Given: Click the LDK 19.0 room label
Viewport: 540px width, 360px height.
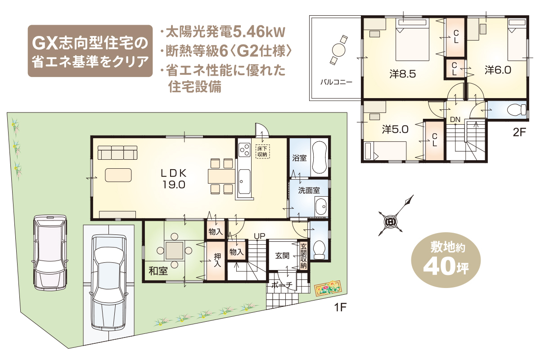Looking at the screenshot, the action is (x=174, y=179).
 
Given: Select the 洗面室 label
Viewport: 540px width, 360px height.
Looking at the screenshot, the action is (x=309, y=190).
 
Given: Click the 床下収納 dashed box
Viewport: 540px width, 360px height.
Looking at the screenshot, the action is (x=262, y=152).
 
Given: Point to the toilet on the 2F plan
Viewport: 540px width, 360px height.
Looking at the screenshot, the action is (x=517, y=110).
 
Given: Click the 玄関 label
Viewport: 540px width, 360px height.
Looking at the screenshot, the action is (x=282, y=256).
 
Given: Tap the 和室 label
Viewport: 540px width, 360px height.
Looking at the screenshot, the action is (x=158, y=271).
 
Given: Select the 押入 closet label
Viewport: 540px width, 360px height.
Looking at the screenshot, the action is (x=217, y=260).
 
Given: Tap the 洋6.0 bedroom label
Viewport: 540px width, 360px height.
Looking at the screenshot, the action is (x=498, y=70).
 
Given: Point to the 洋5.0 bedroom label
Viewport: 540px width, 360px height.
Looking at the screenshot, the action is (x=395, y=130).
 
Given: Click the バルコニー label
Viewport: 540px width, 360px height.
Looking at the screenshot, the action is (x=336, y=82).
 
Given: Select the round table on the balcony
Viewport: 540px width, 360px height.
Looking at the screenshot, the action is (x=338, y=50).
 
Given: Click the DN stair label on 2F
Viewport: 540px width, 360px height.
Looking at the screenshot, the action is (x=455, y=119).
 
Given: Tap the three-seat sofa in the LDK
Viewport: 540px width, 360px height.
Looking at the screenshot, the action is (x=117, y=153).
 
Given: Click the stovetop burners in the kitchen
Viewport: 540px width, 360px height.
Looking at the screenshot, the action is (x=244, y=150).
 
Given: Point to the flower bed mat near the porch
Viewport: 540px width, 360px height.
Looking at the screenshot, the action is (x=328, y=288).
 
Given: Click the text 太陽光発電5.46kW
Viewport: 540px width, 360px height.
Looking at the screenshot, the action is (x=225, y=32).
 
